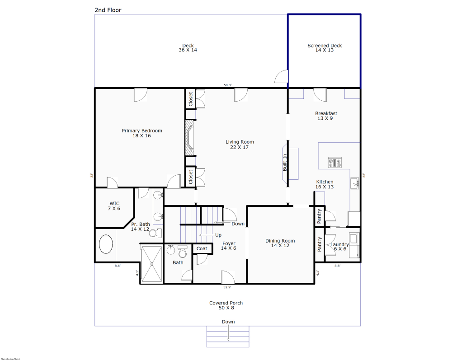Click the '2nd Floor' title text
(x=108, y=10)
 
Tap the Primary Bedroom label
(x=142, y=133)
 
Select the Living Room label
(x=240, y=144)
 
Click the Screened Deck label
(x=325, y=48)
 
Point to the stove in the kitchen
(x=335, y=162)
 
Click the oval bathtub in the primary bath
(x=106, y=244)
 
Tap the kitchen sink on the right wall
(x=354, y=183)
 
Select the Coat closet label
(x=202, y=249)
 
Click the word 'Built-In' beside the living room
(x=285, y=162)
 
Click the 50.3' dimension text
(x=227, y=85)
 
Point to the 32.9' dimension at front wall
(x=227, y=287)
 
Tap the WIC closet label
(x=115, y=206)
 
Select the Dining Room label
(x=280, y=243)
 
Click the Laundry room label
(x=339, y=247)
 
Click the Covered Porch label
(x=226, y=305)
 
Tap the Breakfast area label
(x=326, y=116)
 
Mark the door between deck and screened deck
(x=282, y=77)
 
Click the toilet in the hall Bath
(x=183, y=252)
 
